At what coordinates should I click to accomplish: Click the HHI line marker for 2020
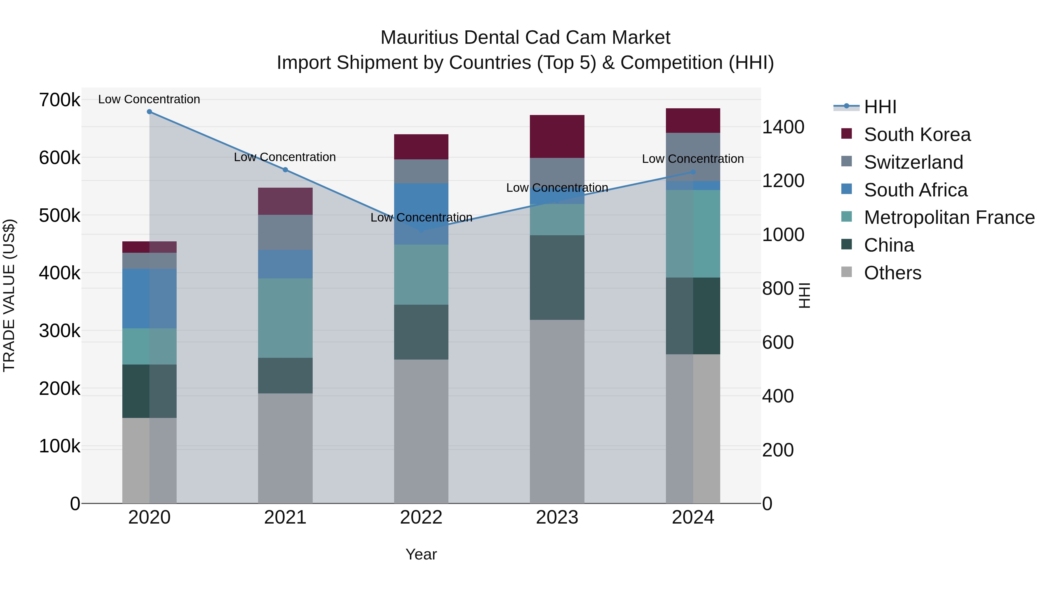click(149, 112)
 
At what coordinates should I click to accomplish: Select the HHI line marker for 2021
click(285, 170)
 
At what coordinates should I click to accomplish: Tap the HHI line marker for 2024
click(693, 172)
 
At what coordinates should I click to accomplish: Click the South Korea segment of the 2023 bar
click(557, 136)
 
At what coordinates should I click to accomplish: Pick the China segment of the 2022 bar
click(421, 332)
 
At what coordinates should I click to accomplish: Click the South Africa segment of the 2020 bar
click(149, 298)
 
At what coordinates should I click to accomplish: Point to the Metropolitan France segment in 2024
click(693, 234)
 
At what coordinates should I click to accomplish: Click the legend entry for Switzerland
click(913, 162)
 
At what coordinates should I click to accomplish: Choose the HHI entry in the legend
click(880, 107)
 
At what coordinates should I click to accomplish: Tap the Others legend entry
click(892, 273)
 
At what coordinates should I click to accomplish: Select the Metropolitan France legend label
click(949, 218)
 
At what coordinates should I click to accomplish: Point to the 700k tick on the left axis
click(60, 100)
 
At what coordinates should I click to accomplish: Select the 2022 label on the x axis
click(421, 517)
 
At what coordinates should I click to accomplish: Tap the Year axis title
click(421, 554)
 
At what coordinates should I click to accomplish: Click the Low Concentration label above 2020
click(149, 99)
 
